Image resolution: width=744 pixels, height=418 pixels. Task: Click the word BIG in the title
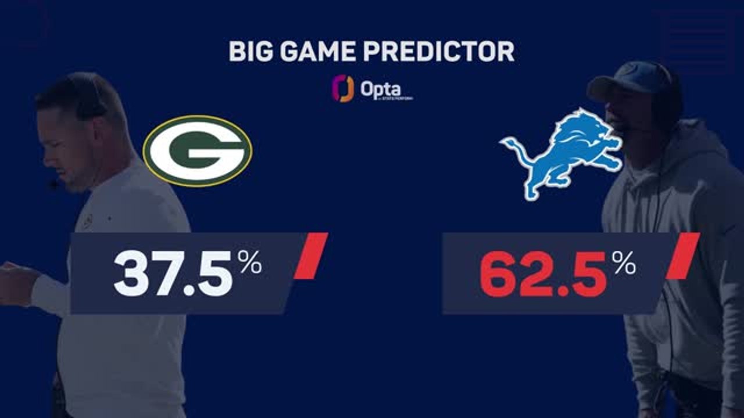tap(249, 52)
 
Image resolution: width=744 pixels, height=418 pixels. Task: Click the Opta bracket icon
tap(343, 88)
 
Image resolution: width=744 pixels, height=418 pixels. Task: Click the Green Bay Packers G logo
tap(197, 150)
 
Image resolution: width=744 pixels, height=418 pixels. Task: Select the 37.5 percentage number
tap(173, 273)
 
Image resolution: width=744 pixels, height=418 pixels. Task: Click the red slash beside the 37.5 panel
tap(311, 256)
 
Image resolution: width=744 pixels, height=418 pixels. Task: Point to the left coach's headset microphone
tap(54, 185)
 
